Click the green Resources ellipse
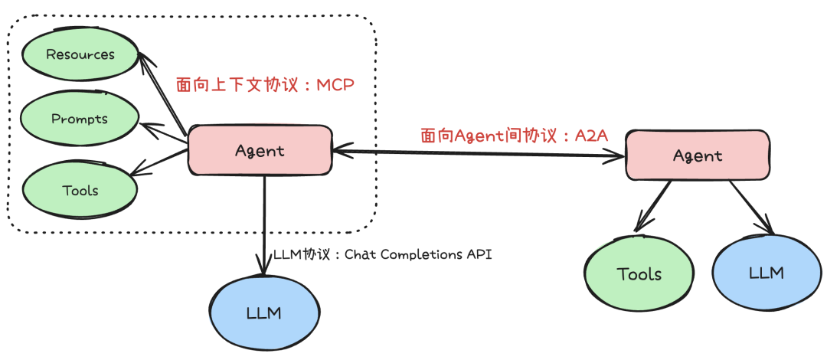[x=80, y=55]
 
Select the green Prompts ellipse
[x=80, y=119]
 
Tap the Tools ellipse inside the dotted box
[x=80, y=189]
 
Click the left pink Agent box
[x=260, y=151]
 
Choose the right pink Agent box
[x=697, y=155]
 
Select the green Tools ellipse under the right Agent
[x=639, y=273]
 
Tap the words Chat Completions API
[x=418, y=254]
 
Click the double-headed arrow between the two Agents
[x=479, y=154]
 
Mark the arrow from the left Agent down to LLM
[x=264, y=222]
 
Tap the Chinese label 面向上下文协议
[x=227, y=84]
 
